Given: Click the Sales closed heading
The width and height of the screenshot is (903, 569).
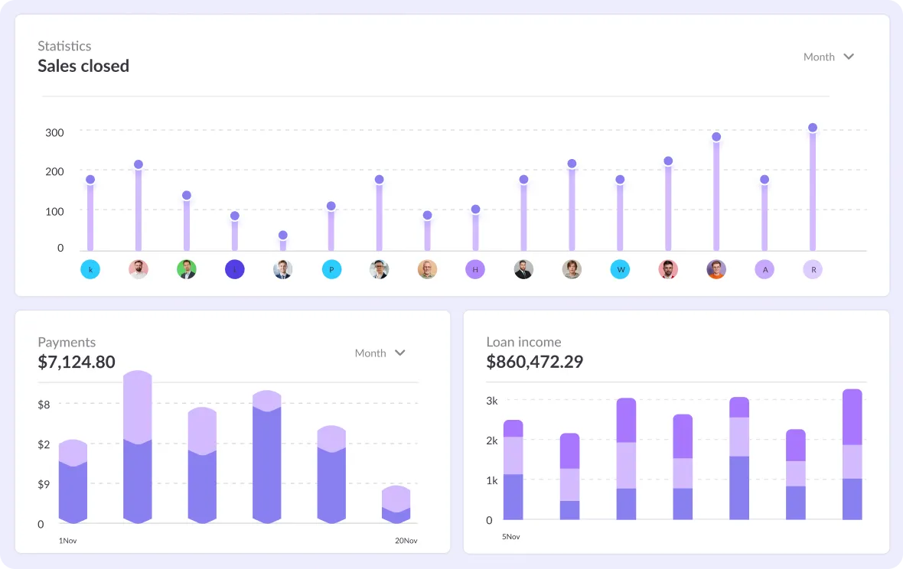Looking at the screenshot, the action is coord(83,67).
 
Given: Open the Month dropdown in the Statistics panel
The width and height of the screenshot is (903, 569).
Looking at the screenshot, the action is coord(828,57).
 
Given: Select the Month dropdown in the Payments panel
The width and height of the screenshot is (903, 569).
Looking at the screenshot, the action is coord(380,353).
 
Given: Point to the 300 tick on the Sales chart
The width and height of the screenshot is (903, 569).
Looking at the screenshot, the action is coord(54,132).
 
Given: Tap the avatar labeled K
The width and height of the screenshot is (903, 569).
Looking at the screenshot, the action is coord(90,269).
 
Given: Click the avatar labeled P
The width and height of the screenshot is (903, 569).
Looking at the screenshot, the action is coord(331,269).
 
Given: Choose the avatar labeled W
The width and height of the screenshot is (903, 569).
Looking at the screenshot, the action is coord(620,269).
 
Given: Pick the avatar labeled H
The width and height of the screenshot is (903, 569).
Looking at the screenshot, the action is coord(475,269).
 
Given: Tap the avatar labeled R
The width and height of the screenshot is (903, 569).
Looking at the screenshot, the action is coord(813,269).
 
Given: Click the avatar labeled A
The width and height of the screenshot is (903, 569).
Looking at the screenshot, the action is coord(764,269).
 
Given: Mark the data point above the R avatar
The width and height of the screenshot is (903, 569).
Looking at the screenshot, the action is coord(813,128).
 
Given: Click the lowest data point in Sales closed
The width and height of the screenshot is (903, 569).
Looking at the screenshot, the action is coord(283,236).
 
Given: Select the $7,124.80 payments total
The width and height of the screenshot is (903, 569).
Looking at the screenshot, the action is coord(77,362).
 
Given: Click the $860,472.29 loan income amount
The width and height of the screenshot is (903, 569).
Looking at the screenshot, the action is coord(534,362).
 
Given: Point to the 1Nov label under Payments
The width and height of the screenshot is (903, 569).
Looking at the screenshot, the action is coord(67,541).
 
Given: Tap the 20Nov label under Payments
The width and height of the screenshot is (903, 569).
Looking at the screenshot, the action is coord(406,541).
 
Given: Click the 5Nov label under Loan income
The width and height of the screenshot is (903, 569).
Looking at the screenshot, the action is coord(511,537).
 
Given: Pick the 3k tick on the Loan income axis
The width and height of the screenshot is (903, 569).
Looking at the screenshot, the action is coord(492,401).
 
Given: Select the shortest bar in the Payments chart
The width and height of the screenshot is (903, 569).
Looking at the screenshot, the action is coord(396,505).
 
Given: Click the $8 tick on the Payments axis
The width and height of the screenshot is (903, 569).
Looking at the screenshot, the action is coord(44,405).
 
